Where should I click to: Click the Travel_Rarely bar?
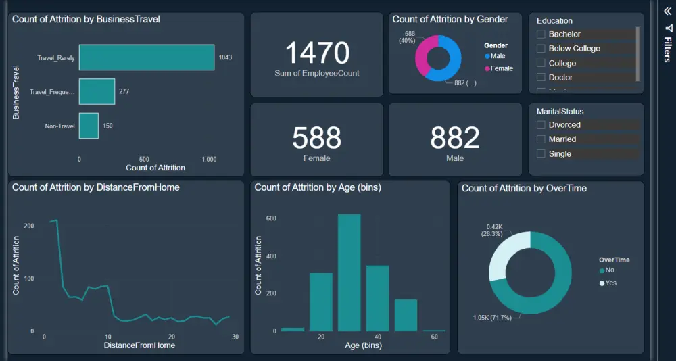pos(146,57)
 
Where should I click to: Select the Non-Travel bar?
pos(89,126)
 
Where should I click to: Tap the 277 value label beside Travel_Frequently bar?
pos(124,91)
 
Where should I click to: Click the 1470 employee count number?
pos(317,53)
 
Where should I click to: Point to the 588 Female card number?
pos(317,138)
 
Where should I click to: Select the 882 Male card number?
pos(455,138)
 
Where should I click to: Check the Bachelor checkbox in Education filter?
pos(541,34)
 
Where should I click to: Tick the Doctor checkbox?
pos(541,78)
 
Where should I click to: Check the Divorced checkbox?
pos(541,125)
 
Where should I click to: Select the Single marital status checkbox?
pos(541,154)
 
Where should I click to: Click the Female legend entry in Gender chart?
pos(501,68)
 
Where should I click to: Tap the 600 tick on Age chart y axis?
pos(271,218)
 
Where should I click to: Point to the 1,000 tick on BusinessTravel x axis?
pos(209,159)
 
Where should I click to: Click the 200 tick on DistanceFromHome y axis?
pos(29,226)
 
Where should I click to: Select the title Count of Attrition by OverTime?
pos(524,188)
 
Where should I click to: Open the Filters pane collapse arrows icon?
pos(667,11)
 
